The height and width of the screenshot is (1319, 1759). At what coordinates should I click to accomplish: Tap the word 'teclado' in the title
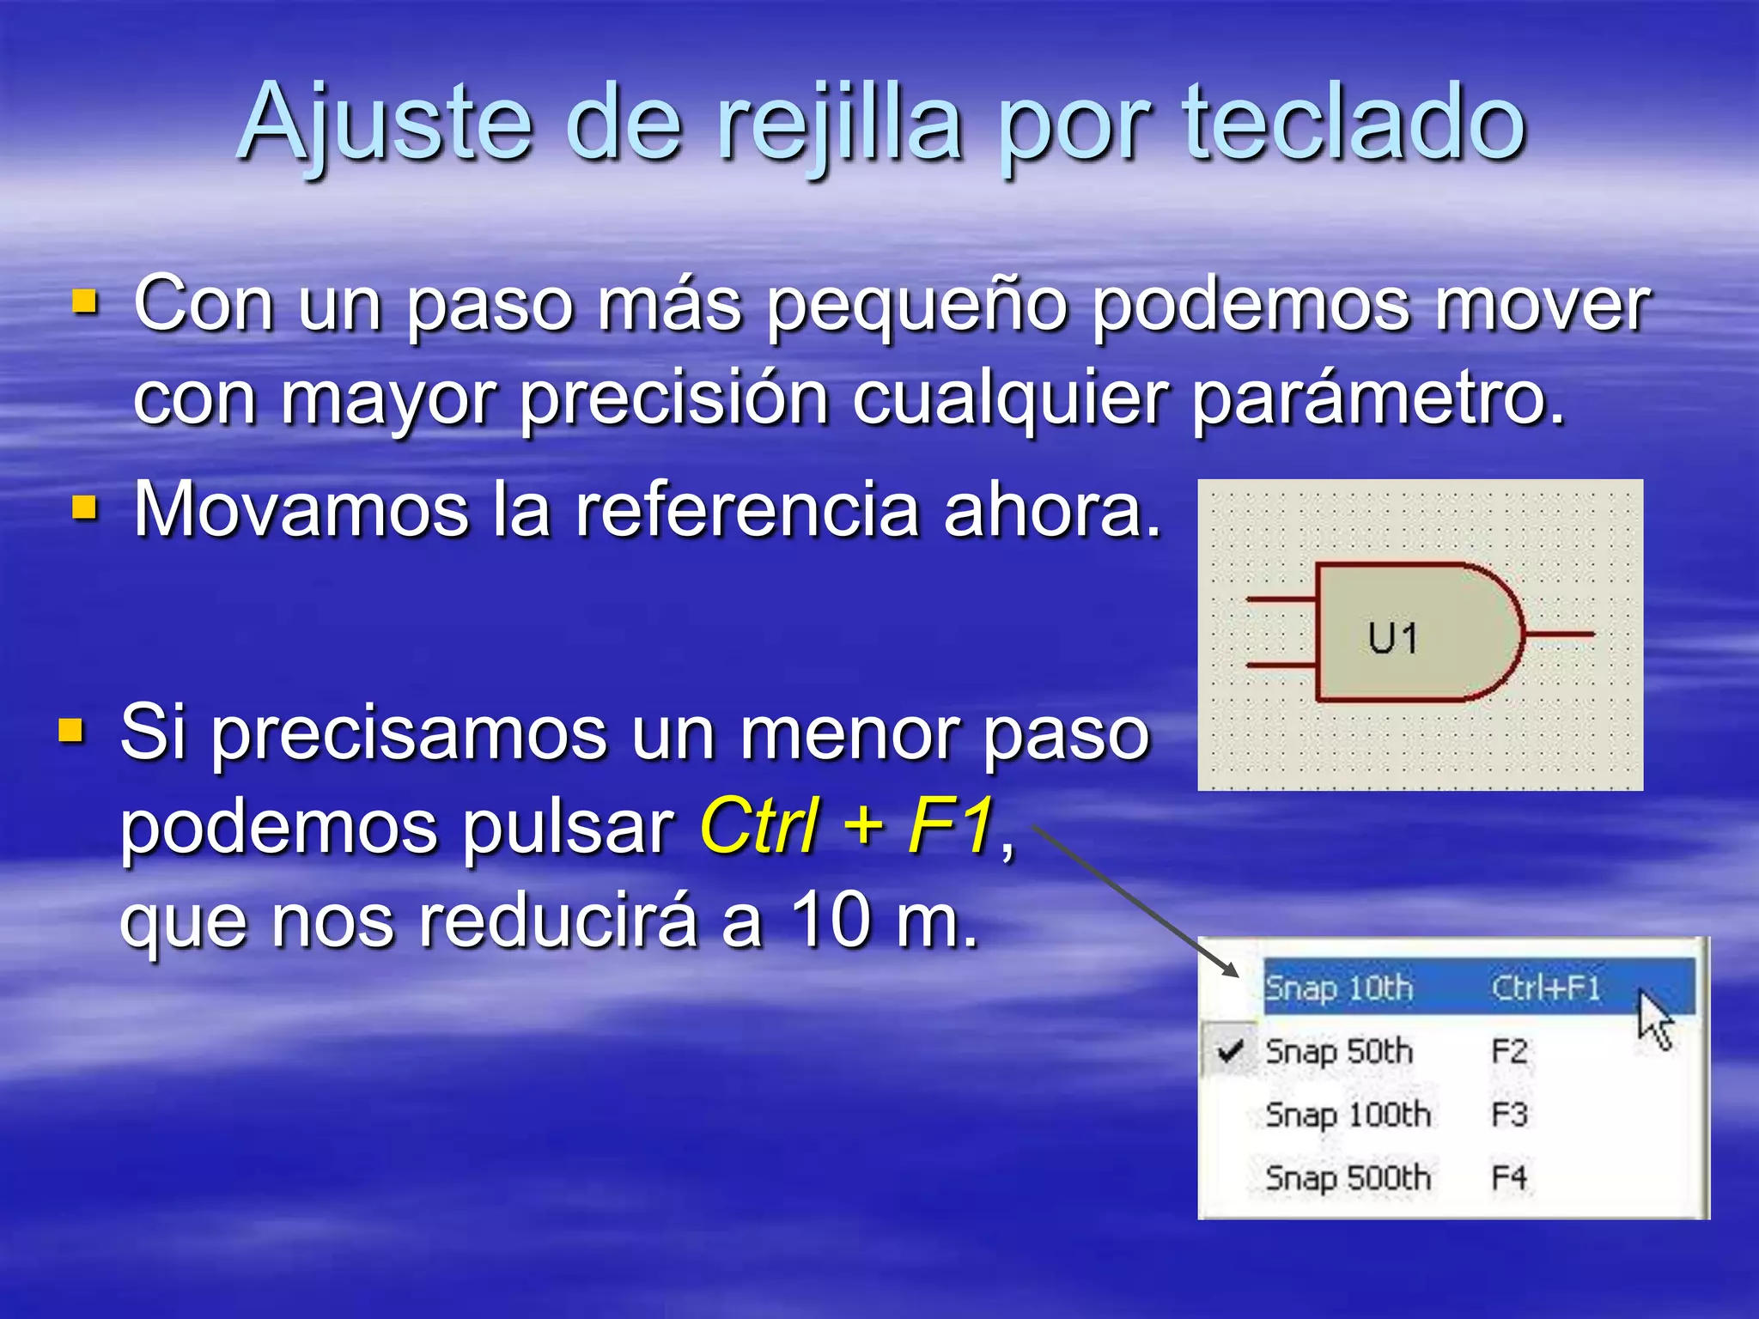[1354, 125]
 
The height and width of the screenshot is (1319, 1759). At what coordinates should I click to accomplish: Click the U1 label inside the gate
[1392, 638]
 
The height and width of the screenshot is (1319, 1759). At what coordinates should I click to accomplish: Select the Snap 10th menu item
[1339, 988]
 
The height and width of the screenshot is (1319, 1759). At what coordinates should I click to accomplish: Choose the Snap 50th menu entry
[1339, 1051]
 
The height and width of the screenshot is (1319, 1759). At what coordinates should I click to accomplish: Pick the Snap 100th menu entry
[1348, 1115]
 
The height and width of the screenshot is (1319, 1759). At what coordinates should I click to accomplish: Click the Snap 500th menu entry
[1348, 1177]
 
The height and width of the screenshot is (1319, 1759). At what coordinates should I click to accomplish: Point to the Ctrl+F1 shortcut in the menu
[1546, 988]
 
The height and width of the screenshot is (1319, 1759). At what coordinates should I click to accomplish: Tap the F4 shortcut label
[1509, 1177]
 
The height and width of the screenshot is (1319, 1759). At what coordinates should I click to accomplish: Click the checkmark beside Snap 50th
[1231, 1050]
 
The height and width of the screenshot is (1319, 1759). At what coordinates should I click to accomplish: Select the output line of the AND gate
[1559, 635]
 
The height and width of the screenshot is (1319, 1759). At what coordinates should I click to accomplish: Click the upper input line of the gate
[1281, 599]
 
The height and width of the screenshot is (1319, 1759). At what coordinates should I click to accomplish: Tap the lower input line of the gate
[1281, 666]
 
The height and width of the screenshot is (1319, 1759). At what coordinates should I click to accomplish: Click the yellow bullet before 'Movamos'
[84, 508]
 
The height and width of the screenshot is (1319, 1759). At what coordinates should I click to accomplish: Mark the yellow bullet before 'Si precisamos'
[71, 732]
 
